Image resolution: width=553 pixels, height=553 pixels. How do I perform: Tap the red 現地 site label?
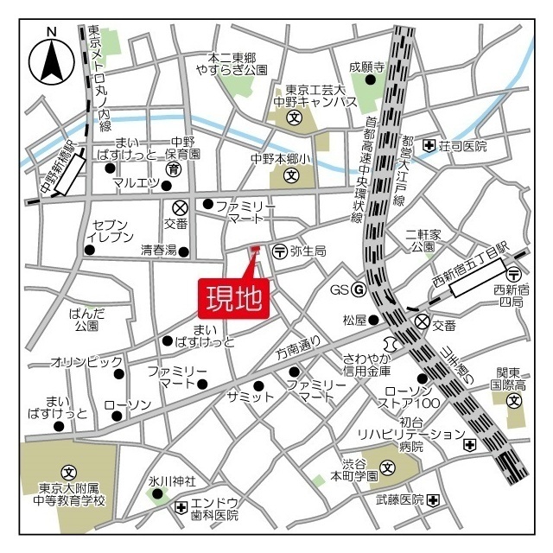(x=234, y=299)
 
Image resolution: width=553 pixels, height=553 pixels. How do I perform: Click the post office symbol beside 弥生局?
(x=279, y=251)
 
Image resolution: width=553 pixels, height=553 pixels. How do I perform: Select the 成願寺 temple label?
(x=366, y=66)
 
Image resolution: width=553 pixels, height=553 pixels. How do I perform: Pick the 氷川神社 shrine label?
(x=172, y=480)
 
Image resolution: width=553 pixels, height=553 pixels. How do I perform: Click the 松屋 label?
(x=355, y=320)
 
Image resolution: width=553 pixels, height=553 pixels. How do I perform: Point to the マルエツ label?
(x=136, y=182)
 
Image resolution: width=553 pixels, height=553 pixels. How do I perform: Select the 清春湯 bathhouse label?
(x=159, y=251)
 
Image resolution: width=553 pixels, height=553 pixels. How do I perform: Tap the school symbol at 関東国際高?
(x=514, y=400)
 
